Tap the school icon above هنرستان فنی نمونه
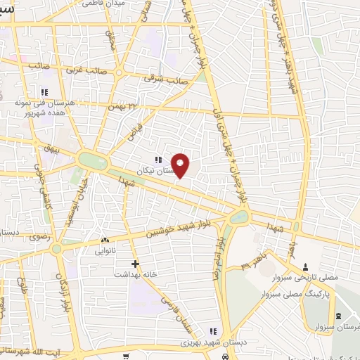[x=44, y=92]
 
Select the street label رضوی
[x=39, y=237]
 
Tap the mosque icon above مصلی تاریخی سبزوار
[x=305, y=267]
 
